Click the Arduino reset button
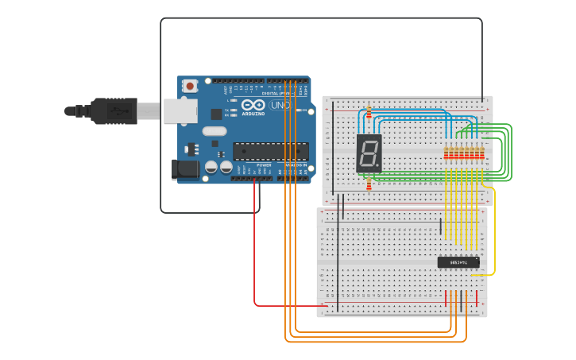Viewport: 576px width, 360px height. [x=191, y=86]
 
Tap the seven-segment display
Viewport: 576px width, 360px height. [x=369, y=153]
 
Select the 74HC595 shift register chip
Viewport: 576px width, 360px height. [x=458, y=262]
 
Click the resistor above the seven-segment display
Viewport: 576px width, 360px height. [x=369, y=114]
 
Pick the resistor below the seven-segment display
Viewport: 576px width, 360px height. [x=369, y=185]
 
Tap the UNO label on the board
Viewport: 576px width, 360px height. [x=280, y=105]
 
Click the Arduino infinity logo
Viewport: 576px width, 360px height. [x=253, y=104]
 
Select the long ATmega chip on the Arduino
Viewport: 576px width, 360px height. [x=270, y=150]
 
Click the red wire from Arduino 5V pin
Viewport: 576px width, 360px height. [x=255, y=254]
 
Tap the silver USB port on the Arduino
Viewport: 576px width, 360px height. [x=180, y=110]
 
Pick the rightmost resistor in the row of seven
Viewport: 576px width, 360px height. [x=481, y=154]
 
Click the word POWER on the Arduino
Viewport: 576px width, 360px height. [x=264, y=165]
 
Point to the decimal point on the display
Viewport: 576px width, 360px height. [x=380, y=168]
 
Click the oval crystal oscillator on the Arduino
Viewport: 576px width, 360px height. [x=215, y=130]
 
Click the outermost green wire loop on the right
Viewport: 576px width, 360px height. [x=511, y=151]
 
